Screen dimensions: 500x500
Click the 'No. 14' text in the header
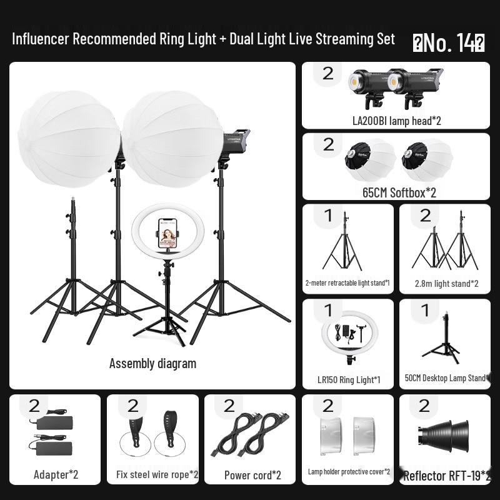[x=449, y=42]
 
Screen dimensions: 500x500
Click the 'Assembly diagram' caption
[x=152, y=363]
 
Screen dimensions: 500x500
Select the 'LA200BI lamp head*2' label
[x=396, y=121]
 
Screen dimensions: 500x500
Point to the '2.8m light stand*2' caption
[x=446, y=284]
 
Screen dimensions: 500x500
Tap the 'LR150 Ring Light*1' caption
[x=349, y=379]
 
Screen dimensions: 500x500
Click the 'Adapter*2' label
[x=56, y=474]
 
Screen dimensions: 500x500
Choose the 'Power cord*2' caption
[x=252, y=475]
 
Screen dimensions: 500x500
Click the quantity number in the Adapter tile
[x=34, y=406]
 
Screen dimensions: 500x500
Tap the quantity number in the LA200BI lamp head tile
[x=328, y=73]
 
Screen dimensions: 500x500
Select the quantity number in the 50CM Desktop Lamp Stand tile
[x=426, y=310]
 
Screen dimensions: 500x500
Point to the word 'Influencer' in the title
[x=40, y=39]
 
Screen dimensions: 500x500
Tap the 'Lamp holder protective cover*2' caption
[x=349, y=472]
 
